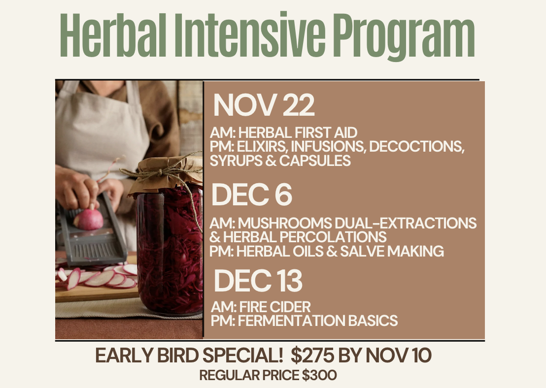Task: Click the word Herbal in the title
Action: pyautogui.click(x=113, y=35)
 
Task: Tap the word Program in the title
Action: pyautogui.click(x=404, y=37)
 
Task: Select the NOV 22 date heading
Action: pyautogui.click(x=264, y=105)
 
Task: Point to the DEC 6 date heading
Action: pyautogui.click(x=251, y=195)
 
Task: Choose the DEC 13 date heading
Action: pyautogui.click(x=258, y=281)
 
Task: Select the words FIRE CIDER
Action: pyautogui.click(x=274, y=307)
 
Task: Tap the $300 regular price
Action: pyautogui.click(x=319, y=376)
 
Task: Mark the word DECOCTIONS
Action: pyautogui.click(x=416, y=147)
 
